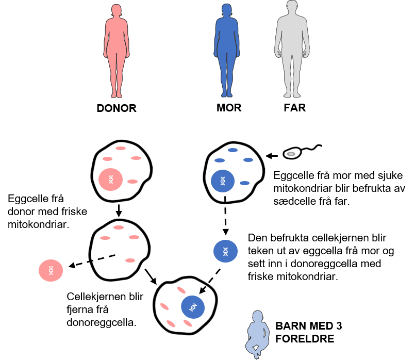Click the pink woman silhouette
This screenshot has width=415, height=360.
117,52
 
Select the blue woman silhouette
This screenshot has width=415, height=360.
227,52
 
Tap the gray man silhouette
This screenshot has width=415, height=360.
292,52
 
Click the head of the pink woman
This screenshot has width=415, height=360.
117,10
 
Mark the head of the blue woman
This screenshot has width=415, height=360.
227,10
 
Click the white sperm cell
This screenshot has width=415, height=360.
292,153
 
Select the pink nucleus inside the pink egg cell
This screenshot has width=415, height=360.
110,179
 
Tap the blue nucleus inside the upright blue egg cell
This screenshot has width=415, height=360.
223,181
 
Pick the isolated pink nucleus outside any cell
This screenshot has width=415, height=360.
51,270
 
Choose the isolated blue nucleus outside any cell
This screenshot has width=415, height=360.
225,251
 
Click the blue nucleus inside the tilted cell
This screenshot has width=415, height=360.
193,307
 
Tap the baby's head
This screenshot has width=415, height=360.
258,316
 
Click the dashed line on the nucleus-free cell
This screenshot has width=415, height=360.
103,258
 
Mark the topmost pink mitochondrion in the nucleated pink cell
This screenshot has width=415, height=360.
121,148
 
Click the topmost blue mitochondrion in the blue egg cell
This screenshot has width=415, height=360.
233,150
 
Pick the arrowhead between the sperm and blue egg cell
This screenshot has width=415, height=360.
268,155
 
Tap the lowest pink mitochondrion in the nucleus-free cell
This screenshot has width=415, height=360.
130,260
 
